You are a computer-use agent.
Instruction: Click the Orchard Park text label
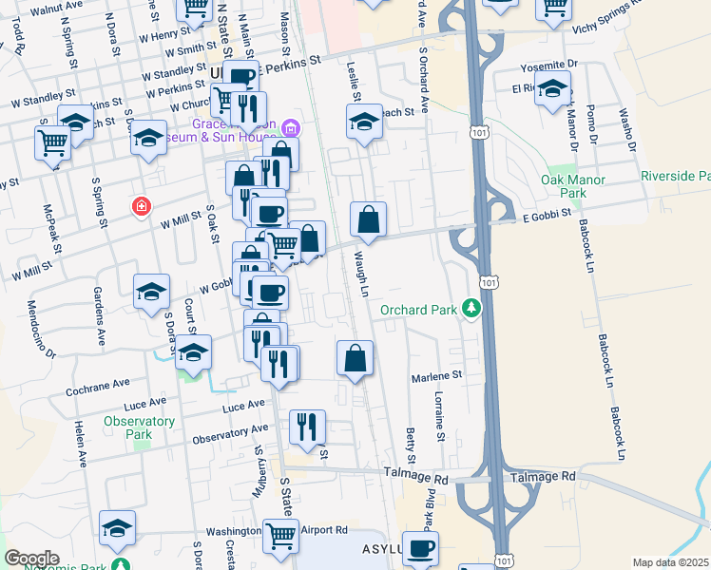coord(417,310)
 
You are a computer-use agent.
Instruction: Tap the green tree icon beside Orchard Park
coord(470,308)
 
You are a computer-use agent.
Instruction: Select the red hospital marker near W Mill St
coord(142,206)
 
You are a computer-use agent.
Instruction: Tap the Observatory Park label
coord(139,427)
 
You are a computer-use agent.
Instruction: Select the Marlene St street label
coord(436,376)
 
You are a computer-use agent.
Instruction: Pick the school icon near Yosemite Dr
coord(552,91)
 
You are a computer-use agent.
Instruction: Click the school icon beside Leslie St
coord(363,121)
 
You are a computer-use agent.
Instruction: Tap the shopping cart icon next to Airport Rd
coord(281,537)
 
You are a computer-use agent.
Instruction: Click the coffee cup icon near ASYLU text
coord(419,548)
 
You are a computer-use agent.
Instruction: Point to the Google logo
coord(32,558)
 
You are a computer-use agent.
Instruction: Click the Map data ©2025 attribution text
coord(670,562)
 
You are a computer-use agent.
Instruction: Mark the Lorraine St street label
coord(439,416)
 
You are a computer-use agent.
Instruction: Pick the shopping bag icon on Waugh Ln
coord(368,220)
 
